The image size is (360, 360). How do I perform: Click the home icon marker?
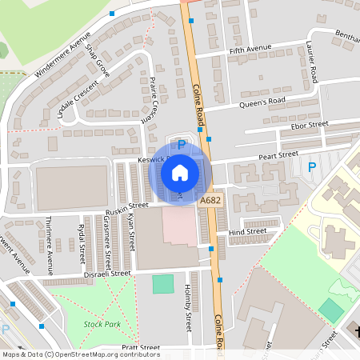point(180,173)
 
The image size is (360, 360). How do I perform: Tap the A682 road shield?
point(210,200)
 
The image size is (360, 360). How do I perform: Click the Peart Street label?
point(278,154)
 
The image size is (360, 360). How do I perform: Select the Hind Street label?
point(247,232)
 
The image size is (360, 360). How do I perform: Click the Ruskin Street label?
point(126,206)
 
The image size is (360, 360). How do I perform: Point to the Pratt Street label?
point(141,348)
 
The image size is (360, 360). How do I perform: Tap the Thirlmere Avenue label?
point(50,235)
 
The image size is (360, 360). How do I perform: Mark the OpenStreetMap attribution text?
point(80,354)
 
